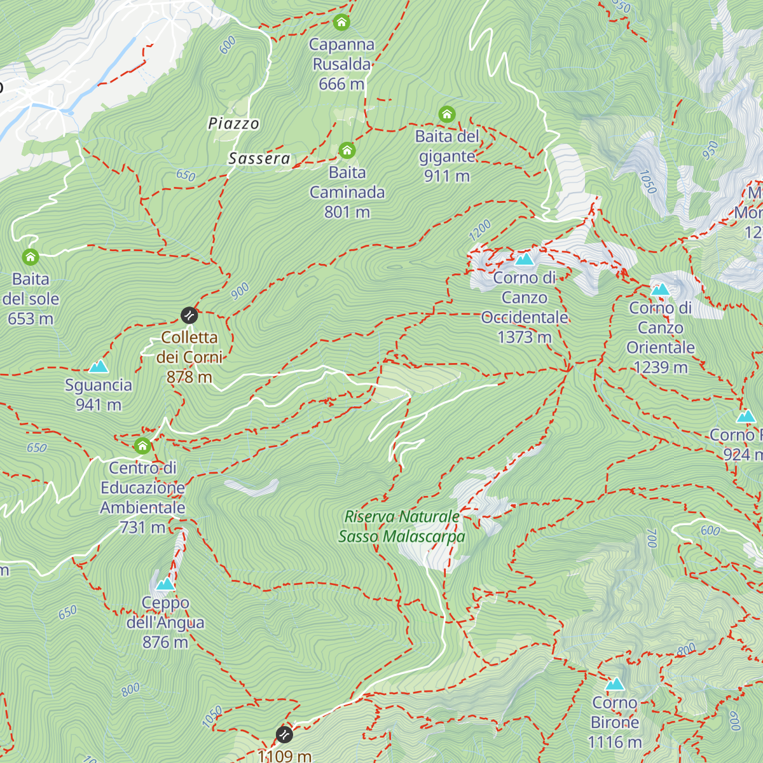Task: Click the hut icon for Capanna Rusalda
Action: [x=341, y=23]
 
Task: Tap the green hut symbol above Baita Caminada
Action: [x=347, y=151]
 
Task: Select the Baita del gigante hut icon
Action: [x=447, y=114]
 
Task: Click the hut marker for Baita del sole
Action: [x=31, y=258]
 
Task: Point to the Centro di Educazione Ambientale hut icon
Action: [x=142, y=446]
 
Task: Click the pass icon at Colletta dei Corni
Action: [x=189, y=315]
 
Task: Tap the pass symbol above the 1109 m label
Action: [x=284, y=735]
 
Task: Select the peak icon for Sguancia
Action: [x=98, y=366]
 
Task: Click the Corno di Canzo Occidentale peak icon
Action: [x=524, y=259]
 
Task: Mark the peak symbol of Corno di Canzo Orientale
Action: [x=661, y=290]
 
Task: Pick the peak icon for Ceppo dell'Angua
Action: [x=165, y=584]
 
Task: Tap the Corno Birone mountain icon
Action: [x=615, y=684]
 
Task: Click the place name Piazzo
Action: [x=234, y=123]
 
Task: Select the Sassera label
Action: [x=259, y=158]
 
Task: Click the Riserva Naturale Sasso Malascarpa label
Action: [x=402, y=526]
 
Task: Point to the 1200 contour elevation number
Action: [x=480, y=230]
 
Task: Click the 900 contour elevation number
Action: [x=240, y=291]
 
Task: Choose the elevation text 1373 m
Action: [x=525, y=337]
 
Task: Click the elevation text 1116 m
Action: [x=615, y=742]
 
